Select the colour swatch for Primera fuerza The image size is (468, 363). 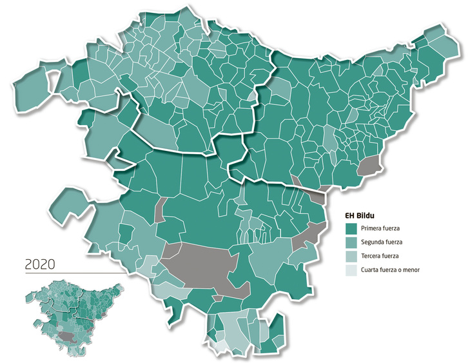point(352,228)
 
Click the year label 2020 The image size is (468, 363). point(40,264)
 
